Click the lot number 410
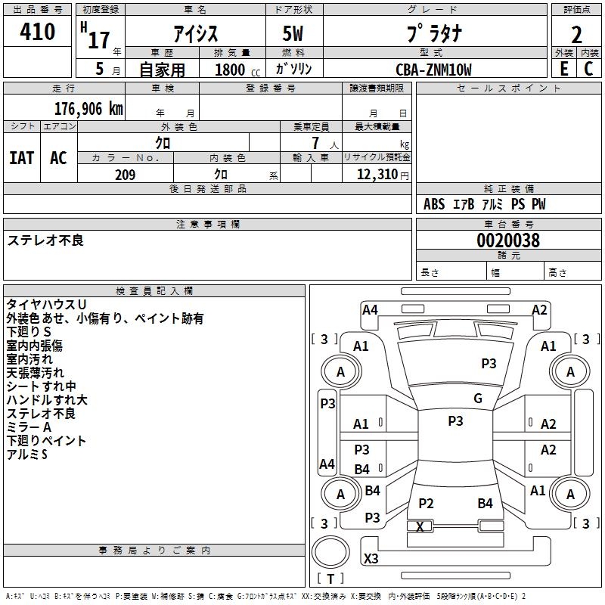tap(37, 31)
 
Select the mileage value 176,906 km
tap(88, 109)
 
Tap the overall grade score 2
tap(576, 35)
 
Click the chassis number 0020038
tap(508, 240)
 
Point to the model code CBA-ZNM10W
tap(433, 70)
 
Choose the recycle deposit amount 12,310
tap(377, 175)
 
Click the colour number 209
tap(125, 175)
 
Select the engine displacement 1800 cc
tap(237, 70)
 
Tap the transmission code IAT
tap(22, 158)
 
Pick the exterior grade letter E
tap(563, 69)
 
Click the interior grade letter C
tap(588, 69)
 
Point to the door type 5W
tap(293, 33)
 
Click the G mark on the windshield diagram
tap(478, 399)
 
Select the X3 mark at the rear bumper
tap(371, 558)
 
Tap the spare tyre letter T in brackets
tap(330, 579)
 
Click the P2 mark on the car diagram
tap(426, 503)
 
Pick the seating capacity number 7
tap(315, 143)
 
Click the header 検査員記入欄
tap(154, 291)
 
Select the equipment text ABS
tap(434, 204)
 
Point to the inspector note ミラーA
tap(29, 427)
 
